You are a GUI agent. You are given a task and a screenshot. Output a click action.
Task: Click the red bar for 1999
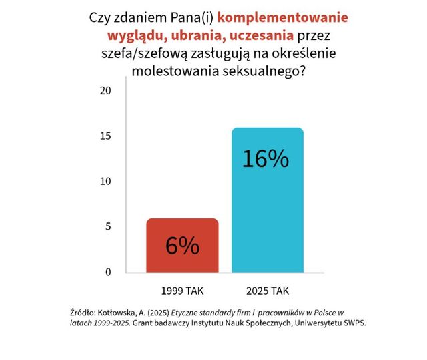point(182,245)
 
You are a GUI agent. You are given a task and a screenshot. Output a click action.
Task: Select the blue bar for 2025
point(267,200)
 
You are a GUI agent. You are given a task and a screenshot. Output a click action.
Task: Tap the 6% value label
point(182,246)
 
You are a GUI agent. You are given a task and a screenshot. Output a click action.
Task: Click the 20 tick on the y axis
point(104,91)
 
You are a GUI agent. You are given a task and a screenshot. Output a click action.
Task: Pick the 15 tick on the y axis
point(104,136)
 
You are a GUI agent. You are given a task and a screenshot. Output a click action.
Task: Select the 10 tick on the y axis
point(104,182)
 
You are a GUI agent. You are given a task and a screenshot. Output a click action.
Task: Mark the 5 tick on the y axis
point(107,227)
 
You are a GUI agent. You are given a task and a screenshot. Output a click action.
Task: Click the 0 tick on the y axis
point(107,272)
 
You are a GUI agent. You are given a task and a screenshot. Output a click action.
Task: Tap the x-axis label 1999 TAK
point(182,291)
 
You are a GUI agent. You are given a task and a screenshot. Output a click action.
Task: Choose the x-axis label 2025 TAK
point(267,291)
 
